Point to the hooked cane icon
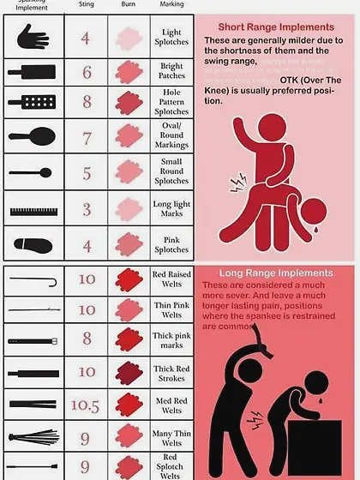pos(34,280)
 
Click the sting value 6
pos(87,73)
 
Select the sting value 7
pos(87,138)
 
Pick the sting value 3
pos(87,208)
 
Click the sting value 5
pos(87,173)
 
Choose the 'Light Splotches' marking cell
pos(171,38)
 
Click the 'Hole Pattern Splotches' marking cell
pos(171,103)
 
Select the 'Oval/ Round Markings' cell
pos(171,138)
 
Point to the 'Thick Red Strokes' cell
pos(171,373)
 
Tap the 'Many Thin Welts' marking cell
pos(171,437)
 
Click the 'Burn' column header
pos(128,4)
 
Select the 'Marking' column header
pos(171,4)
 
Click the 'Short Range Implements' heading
pos(276,27)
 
